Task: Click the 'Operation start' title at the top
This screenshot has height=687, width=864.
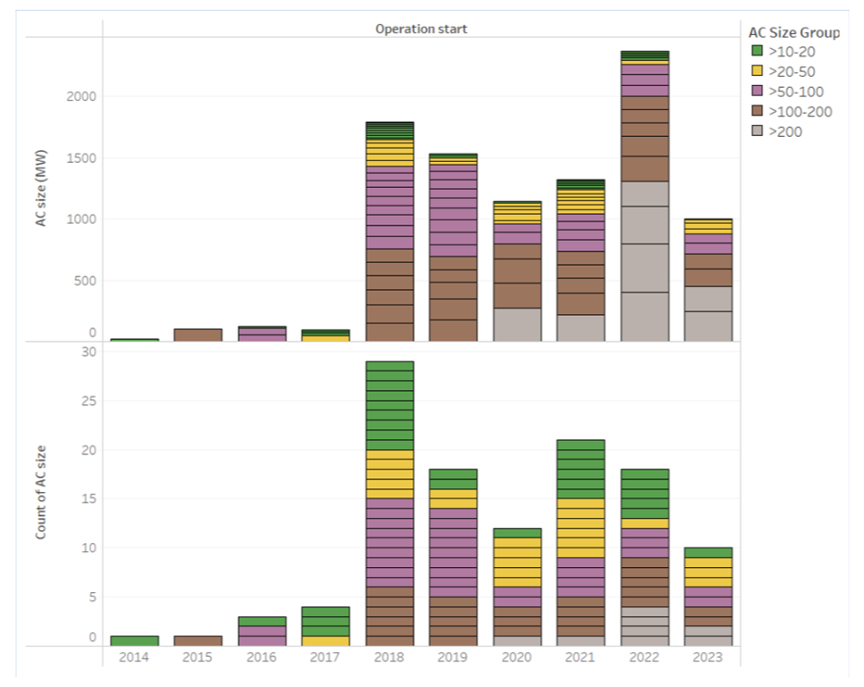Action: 420,29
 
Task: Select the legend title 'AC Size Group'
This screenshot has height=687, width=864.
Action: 793,32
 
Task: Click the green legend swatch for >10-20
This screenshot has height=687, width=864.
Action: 757,52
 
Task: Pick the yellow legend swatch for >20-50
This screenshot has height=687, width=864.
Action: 757,72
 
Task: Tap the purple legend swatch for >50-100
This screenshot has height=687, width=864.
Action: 757,91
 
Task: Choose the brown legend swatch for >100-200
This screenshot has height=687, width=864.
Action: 757,112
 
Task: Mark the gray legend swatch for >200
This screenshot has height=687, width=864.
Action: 757,131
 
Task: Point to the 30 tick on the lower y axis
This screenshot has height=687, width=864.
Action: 89,352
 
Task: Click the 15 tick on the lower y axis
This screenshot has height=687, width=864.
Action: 89,498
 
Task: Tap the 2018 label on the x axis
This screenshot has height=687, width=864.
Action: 389,657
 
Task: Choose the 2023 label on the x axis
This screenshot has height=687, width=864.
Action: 707,657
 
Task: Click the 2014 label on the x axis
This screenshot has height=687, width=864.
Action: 134,657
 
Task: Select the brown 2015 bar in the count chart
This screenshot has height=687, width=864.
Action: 198,640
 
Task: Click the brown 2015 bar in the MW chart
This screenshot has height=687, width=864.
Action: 198,335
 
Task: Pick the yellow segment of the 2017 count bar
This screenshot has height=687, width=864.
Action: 326,640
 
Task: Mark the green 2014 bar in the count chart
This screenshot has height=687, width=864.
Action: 134,640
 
